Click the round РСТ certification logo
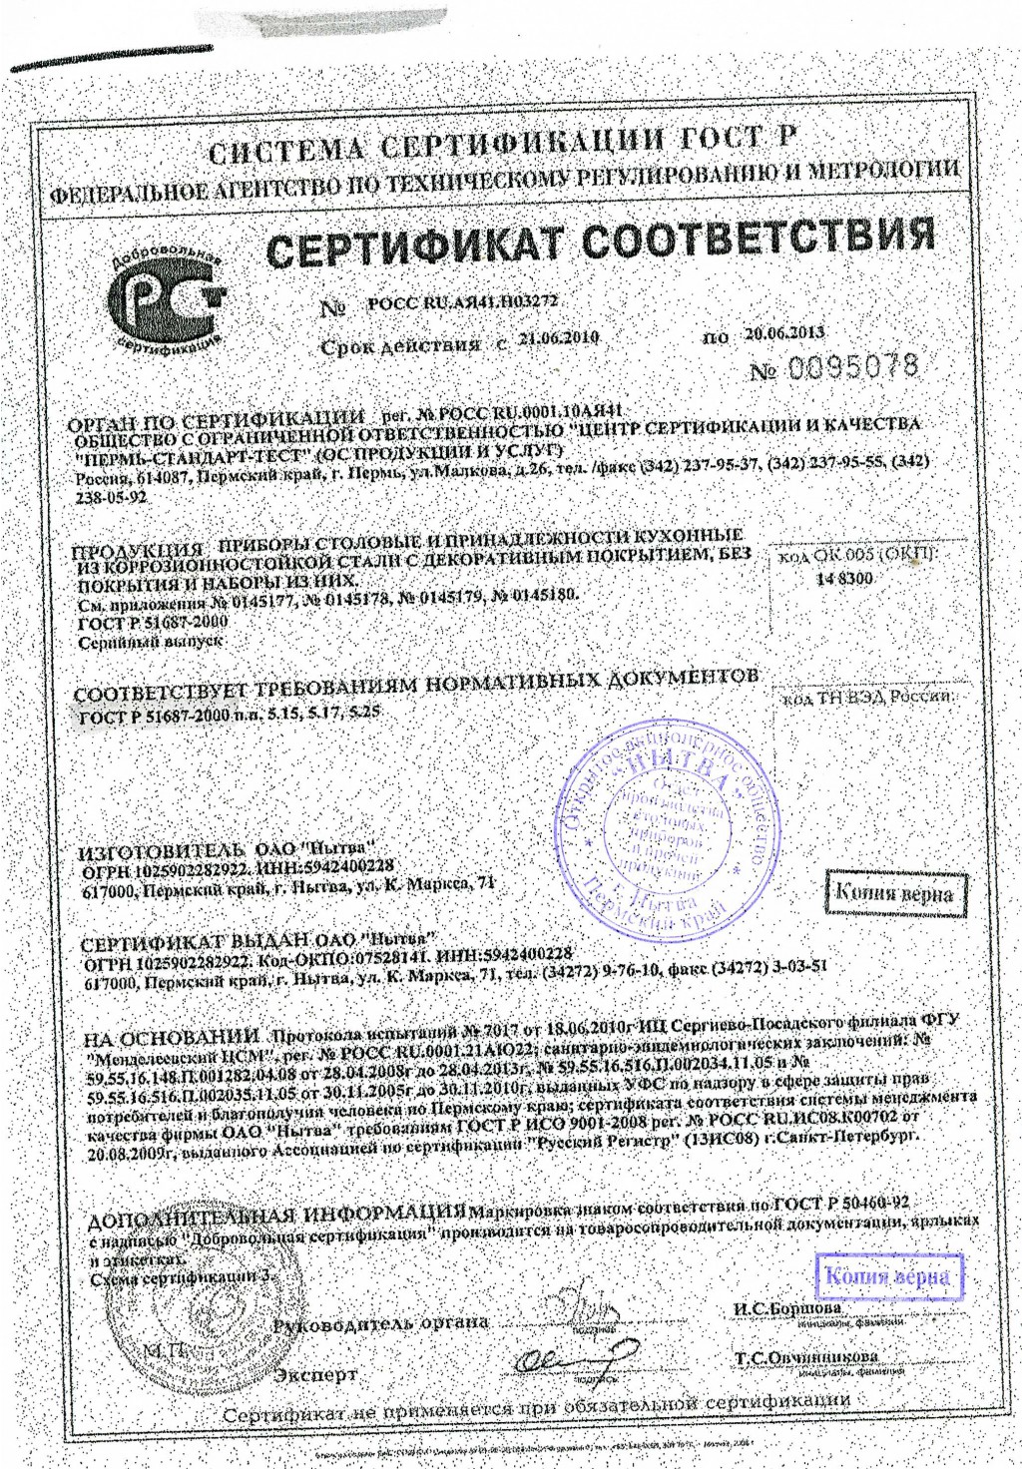[x=168, y=295]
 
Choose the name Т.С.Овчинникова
[x=806, y=1357]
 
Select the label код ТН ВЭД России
[x=865, y=695]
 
